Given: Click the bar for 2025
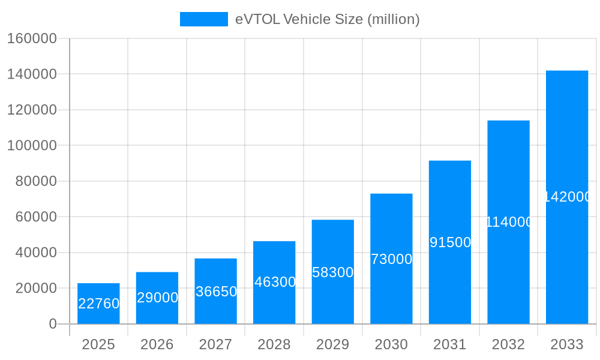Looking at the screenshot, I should coord(98,304).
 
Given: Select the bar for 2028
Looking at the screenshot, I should coord(274,283).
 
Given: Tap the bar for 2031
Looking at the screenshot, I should coord(450,242).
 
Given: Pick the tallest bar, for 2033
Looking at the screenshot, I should coord(567,197).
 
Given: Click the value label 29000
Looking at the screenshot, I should coord(157,298).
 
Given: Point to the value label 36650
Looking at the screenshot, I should coord(216,292).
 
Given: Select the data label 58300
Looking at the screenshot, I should coord(333,272).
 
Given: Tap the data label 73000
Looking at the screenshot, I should coord(391,259).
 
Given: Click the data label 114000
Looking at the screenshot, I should coord(509,222).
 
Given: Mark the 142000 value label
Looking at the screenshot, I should coord(568,197).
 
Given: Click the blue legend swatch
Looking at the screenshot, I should coord(204,19).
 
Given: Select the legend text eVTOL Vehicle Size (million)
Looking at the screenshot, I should coord(327,19).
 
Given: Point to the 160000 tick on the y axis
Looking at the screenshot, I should coord(32,39).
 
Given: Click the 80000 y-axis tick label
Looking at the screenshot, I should coord(35,181).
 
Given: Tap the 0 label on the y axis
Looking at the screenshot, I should coord(52,324).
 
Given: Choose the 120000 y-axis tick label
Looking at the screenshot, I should coord(32,110).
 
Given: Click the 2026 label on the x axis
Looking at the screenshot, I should coord(157,344).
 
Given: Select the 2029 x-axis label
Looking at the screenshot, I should coord(333,344).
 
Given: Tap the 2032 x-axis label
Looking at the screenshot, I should coord(509,344).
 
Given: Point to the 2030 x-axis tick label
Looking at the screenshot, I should coord(391,344).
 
